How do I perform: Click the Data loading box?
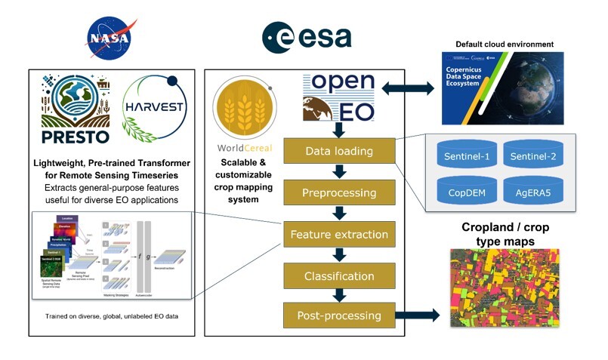coord(338,151)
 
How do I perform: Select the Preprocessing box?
coord(338,192)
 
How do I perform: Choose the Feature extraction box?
coord(338,235)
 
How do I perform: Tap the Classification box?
coord(338,276)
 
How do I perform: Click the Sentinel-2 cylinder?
coord(534,155)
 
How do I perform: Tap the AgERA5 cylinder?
coord(534,192)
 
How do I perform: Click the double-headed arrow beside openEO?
coord(408,89)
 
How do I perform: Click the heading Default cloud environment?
coord(504,45)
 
